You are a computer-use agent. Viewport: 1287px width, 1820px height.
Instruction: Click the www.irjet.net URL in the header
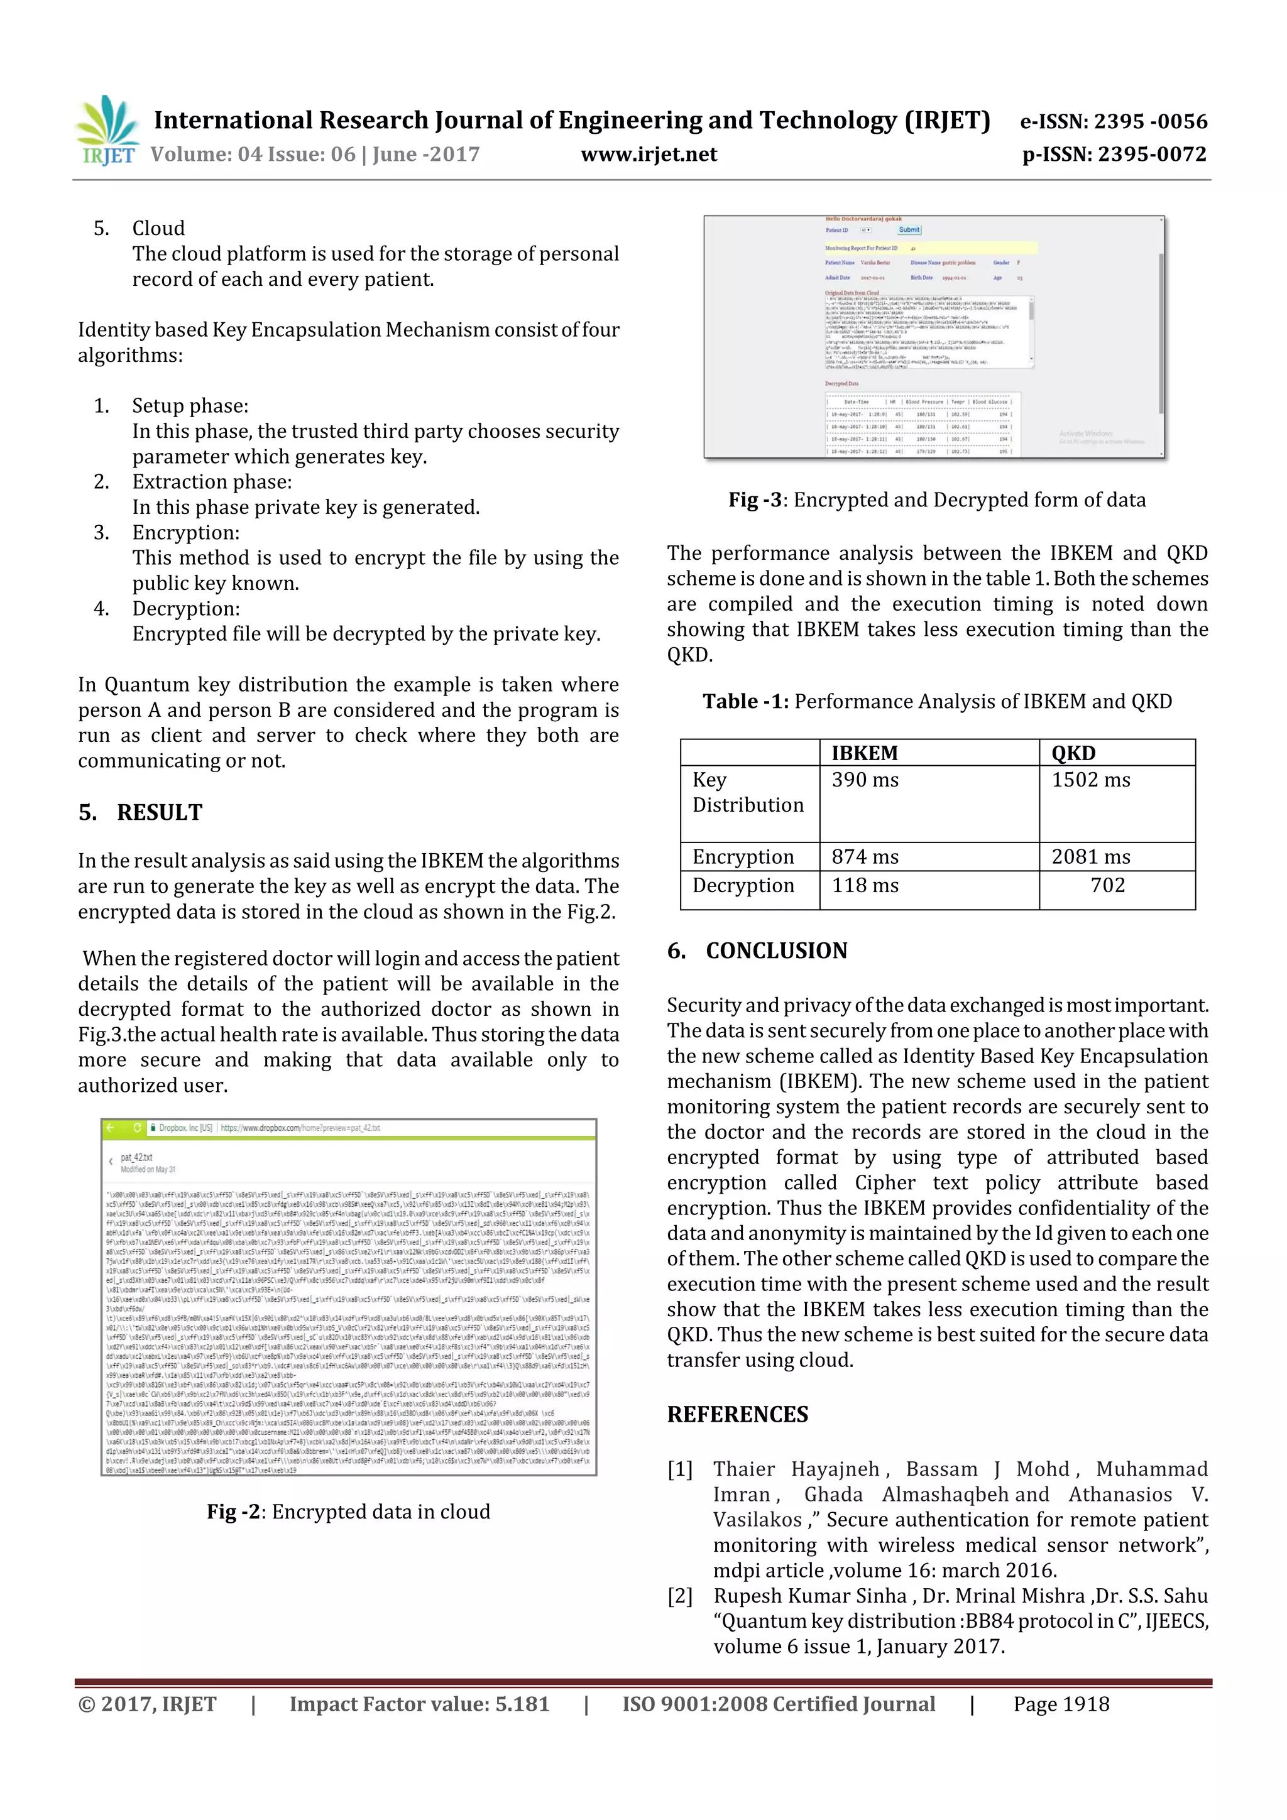point(649,155)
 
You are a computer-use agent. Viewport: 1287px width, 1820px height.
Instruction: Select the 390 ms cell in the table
point(865,780)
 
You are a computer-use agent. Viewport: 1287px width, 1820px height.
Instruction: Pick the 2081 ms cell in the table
point(1090,857)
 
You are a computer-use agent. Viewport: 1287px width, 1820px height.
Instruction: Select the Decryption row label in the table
point(742,885)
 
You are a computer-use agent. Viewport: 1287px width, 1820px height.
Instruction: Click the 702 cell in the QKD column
point(1107,885)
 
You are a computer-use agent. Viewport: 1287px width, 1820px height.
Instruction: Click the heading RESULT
point(160,812)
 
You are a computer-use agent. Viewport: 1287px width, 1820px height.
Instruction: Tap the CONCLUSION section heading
point(775,951)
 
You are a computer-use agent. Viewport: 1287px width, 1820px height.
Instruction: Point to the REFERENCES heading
point(738,1414)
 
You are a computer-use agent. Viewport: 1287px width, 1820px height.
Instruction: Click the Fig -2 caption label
point(234,1512)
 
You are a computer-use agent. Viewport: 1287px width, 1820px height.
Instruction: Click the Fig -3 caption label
point(755,500)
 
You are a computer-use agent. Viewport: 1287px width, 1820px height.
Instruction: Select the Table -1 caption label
point(745,702)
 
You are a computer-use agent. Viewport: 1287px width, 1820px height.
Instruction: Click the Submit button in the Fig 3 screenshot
point(909,230)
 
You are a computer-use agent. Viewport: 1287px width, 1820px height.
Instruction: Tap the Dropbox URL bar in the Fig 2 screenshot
point(302,1127)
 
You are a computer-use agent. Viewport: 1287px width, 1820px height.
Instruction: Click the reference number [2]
point(679,1596)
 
